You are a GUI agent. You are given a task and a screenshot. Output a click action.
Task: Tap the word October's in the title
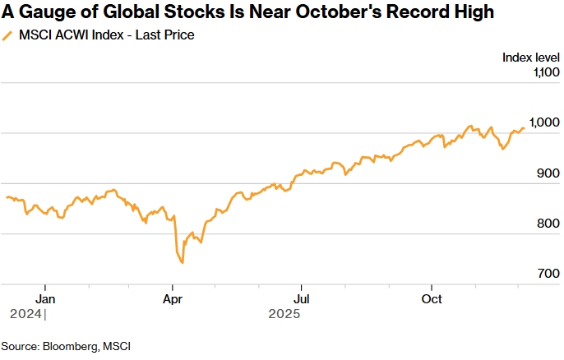[327, 12]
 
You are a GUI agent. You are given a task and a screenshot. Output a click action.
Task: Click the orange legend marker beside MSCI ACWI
[8, 35]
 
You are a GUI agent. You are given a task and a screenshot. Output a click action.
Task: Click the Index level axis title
[529, 57]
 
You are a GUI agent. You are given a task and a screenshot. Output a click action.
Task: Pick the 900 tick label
[548, 173]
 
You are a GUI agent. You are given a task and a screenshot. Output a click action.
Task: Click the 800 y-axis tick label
[548, 224]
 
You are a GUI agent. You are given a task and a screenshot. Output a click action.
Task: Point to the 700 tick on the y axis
[548, 274]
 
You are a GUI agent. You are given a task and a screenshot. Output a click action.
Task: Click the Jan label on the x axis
[46, 298]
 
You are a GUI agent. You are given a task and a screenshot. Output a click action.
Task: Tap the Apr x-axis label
[173, 298]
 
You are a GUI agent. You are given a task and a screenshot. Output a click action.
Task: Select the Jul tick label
[302, 298]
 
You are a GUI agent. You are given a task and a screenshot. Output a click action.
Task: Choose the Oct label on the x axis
[432, 298]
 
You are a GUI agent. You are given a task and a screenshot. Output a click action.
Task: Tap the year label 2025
[284, 314]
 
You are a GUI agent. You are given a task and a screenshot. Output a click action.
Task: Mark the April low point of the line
[182, 263]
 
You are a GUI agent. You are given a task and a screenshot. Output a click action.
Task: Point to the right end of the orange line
[524, 127]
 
